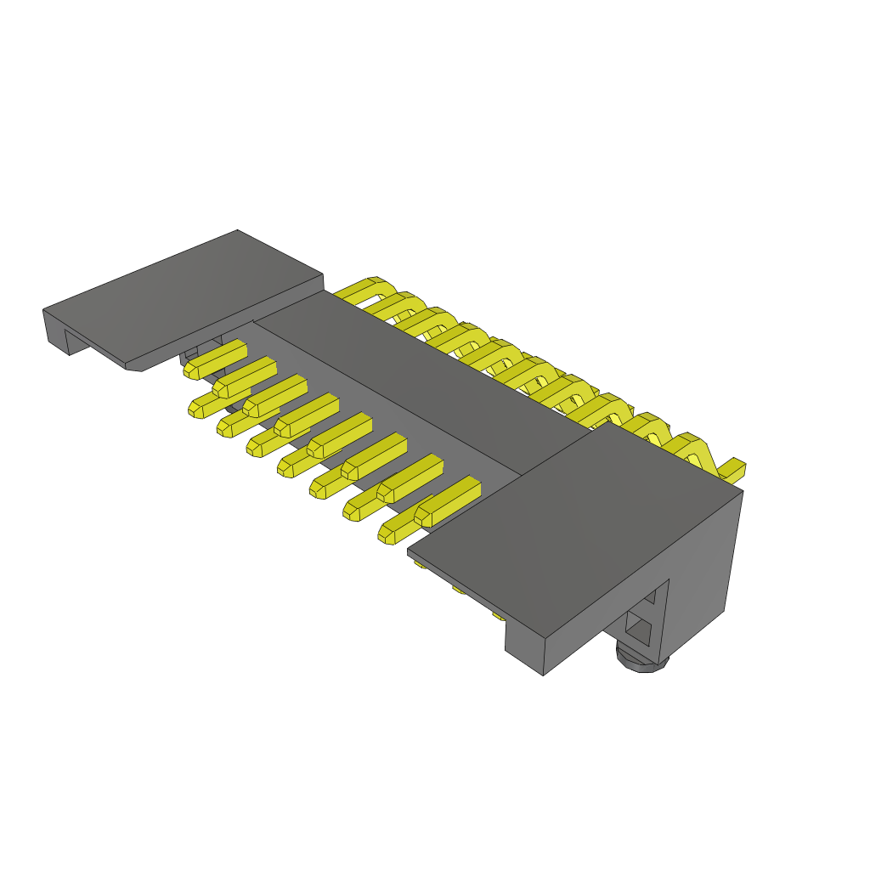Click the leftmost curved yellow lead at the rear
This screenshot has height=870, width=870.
(361, 289)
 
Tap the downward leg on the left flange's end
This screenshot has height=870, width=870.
(55, 331)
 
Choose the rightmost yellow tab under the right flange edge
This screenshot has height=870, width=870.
(498, 615)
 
